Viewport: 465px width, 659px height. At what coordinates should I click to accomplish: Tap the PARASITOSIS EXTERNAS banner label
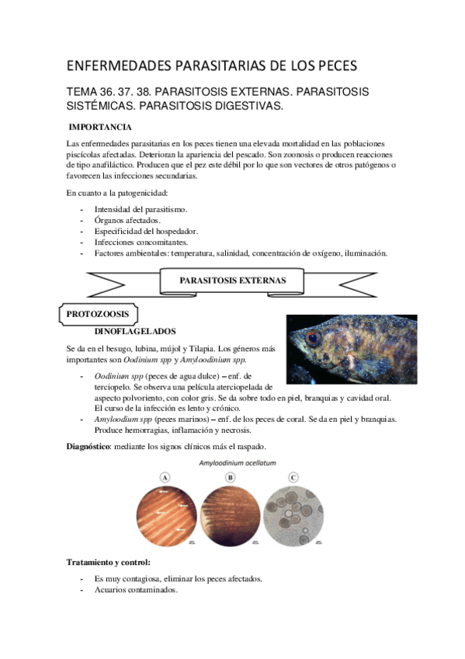(232, 281)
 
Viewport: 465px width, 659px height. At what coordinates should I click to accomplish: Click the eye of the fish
(313, 339)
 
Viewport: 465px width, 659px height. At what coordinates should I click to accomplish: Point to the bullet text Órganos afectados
(127, 220)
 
